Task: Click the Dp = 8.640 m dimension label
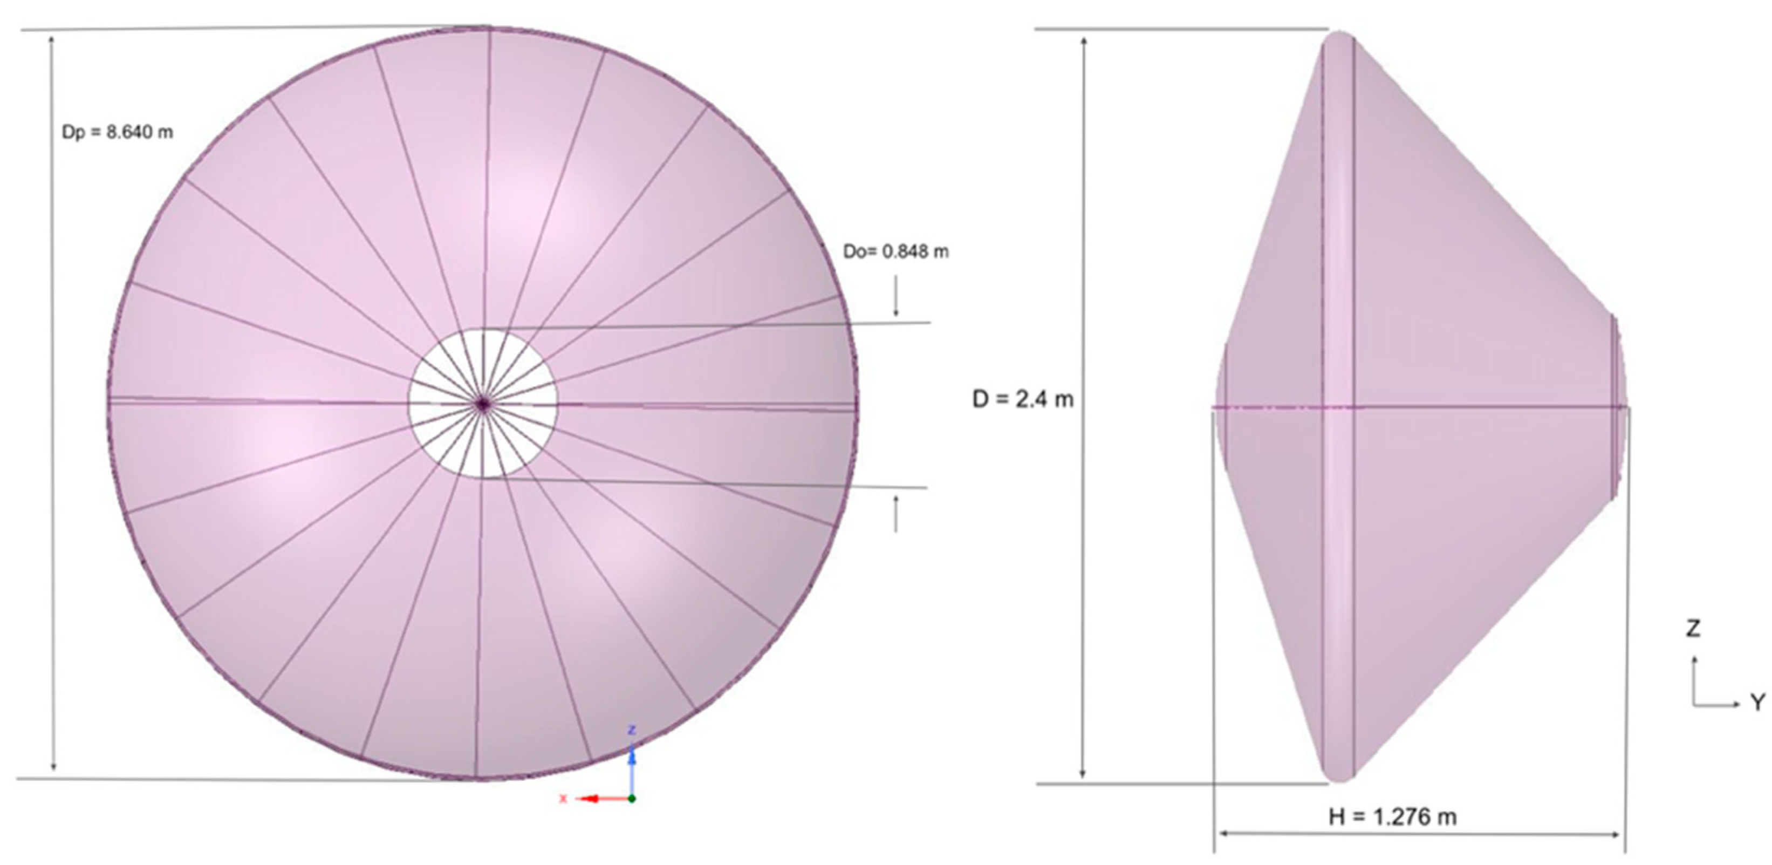coord(118,132)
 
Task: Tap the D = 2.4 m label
coord(1022,399)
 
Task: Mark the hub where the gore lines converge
coord(483,404)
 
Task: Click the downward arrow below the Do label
coord(895,296)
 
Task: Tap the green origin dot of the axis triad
coord(632,798)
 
